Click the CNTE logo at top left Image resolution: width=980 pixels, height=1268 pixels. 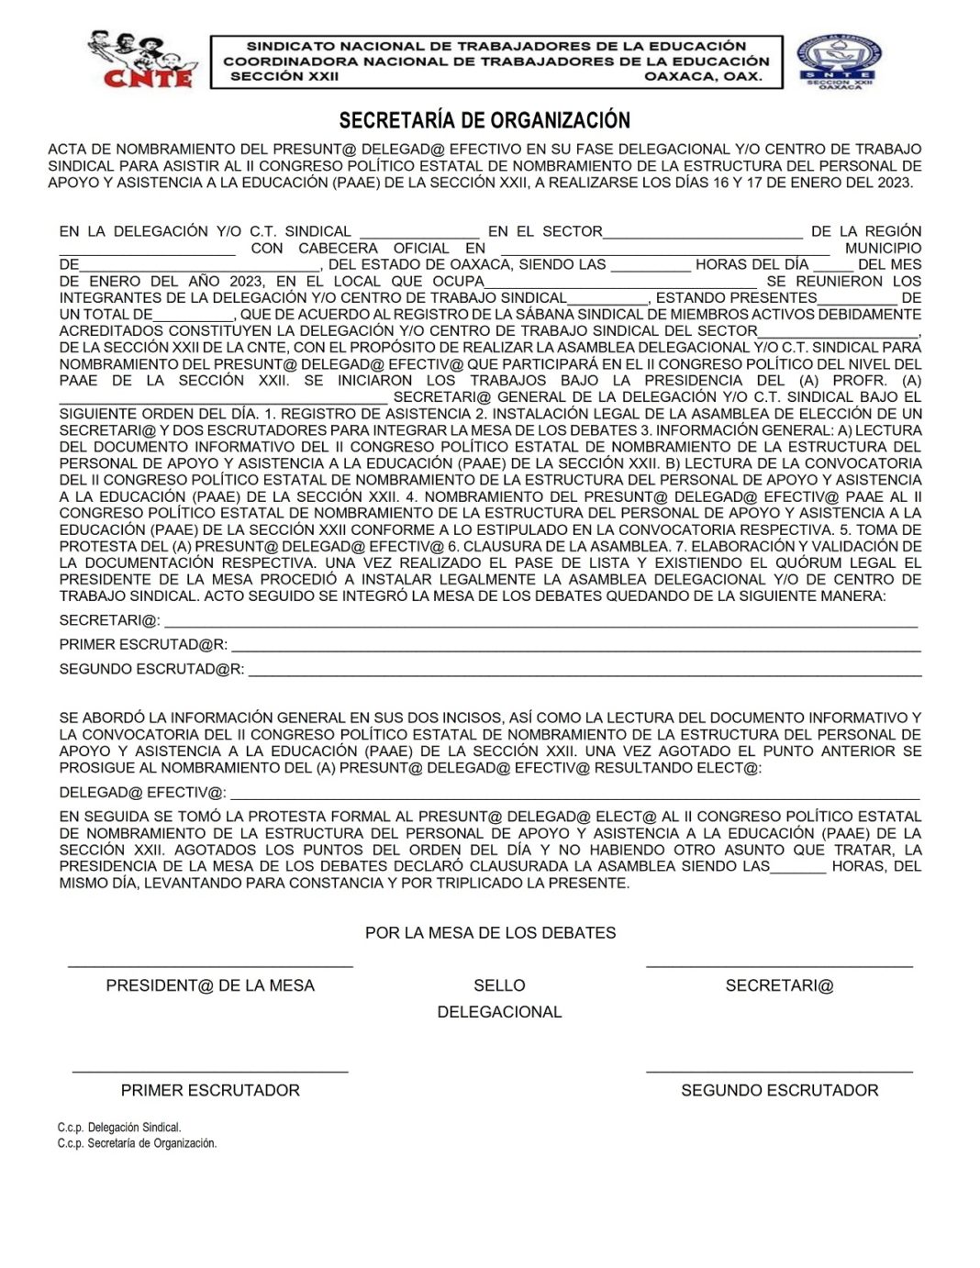click(141, 60)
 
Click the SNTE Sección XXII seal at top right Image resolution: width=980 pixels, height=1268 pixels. click(839, 61)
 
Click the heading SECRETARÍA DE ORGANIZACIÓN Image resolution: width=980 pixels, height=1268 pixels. click(484, 120)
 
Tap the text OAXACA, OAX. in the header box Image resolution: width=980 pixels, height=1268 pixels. click(703, 76)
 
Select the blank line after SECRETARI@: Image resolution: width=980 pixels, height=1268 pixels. click(540, 625)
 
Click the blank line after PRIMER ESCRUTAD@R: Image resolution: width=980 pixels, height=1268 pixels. click(575, 650)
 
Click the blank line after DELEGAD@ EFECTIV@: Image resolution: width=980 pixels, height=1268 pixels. click(574, 797)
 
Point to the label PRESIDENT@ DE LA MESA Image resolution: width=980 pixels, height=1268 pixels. click(210, 985)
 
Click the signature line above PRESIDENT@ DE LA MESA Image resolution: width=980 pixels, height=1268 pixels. click(210, 965)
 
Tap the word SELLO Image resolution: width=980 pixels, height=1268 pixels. click(499, 985)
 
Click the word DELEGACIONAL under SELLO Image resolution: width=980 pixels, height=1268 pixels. click(499, 1012)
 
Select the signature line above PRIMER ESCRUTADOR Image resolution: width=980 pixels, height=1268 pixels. click(210, 1071)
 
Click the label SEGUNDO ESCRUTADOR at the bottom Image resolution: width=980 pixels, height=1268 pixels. click(779, 1090)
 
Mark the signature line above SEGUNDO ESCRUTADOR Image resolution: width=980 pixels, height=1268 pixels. click(779, 1071)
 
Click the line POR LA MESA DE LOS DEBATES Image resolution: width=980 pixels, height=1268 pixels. click(490, 933)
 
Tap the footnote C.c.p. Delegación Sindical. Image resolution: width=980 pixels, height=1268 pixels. click(119, 1128)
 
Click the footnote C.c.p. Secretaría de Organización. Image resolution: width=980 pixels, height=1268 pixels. click(137, 1143)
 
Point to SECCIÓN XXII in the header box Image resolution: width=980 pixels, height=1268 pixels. click(284, 76)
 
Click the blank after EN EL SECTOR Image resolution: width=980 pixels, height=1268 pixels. click(702, 234)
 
